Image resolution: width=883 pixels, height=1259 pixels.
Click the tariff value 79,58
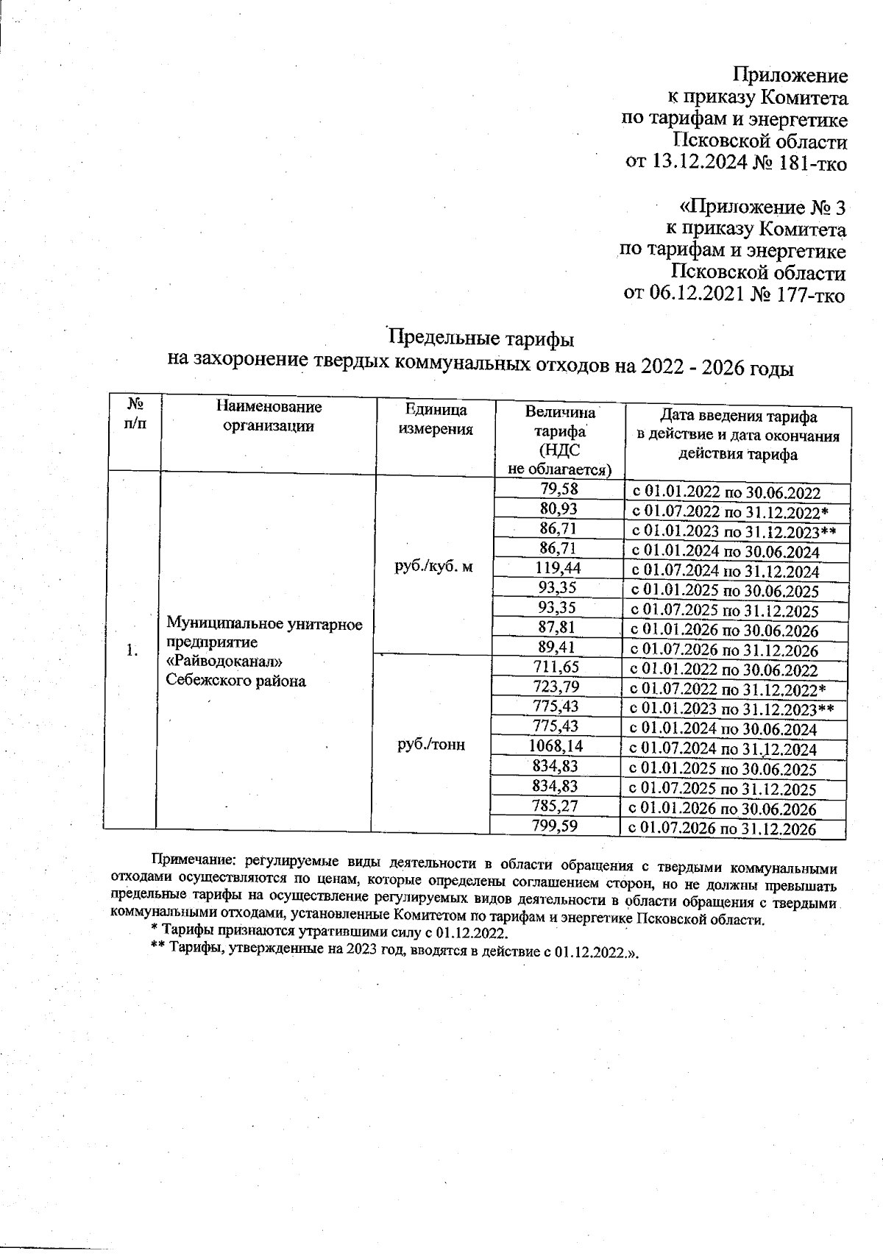pos(559,489)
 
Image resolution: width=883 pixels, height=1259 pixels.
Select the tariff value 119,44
pos(559,568)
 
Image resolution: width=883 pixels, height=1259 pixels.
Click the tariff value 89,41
pos(559,648)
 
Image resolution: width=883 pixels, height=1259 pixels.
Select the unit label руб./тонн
pos(431,745)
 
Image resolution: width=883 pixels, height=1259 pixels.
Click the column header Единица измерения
pos(436,419)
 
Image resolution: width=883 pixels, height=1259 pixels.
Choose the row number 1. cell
pos(132,650)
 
